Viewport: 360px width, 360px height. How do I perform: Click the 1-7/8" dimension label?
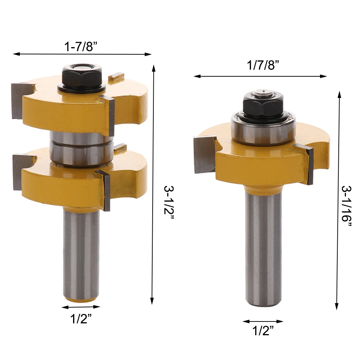coord(81,46)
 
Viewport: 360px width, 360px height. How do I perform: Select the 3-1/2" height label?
coord(169,203)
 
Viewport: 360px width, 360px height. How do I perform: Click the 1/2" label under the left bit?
coord(81,319)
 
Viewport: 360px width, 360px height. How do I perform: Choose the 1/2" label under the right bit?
coord(263,330)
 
